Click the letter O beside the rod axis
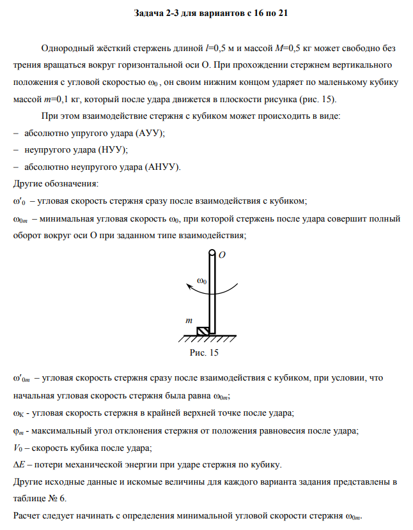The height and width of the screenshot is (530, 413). click(222, 255)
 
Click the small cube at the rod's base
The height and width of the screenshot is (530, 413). click(201, 331)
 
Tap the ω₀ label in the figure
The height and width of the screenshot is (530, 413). click(202, 281)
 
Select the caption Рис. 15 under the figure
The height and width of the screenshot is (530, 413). click(205, 352)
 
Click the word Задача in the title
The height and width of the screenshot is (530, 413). click(151, 13)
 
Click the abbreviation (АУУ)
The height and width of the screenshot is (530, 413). click(150, 133)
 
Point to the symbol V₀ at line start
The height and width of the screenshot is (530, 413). click(19, 446)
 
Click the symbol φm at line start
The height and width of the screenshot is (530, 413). click(19, 430)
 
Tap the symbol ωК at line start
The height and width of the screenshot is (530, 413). click(20, 413)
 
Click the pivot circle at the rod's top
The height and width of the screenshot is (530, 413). click(210, 254)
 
